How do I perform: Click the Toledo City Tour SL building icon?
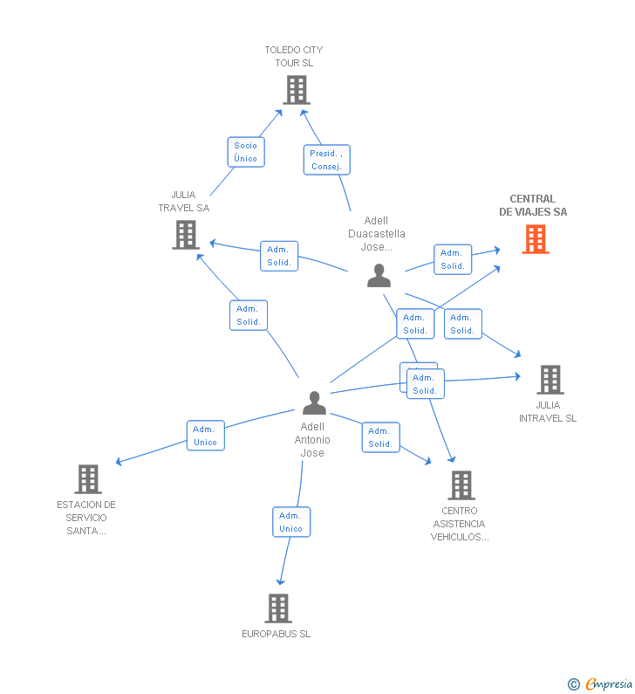click(297, 89)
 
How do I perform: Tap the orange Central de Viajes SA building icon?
click(536, 238)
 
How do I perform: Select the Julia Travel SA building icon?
click(186, 235)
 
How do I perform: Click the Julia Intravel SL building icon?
click(550, 380)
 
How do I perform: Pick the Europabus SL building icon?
click(277, 608)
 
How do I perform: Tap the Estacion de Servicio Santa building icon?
click(88, 479)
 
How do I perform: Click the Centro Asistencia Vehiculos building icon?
click(461, 485)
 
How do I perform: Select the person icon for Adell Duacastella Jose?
click(379, 275)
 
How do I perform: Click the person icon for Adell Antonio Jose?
click(314, 402)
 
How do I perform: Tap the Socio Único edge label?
click(246, 152)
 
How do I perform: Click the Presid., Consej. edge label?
click(326, 160)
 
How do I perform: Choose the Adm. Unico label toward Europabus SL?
click(291, 522)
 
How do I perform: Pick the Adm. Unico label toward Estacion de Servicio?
click(206, 436)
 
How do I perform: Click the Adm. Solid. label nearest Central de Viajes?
click(453, 259)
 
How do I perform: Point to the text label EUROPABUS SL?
click(277, 634)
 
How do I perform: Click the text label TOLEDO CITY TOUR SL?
click(294, 57)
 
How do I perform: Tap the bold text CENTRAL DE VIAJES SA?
click(533, 205)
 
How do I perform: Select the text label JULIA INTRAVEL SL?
click(548, 411)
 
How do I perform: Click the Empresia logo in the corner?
click(608, 684)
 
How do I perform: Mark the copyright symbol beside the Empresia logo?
click(574, 684)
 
